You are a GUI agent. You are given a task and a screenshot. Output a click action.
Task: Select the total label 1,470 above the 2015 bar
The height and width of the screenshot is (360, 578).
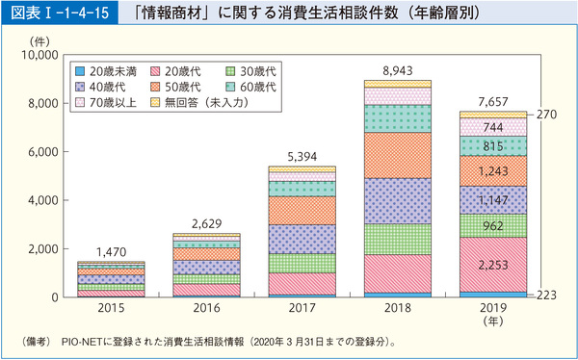click(x=110, y=251)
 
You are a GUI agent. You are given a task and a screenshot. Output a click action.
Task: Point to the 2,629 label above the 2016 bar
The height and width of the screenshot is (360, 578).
click(x=206, y=223)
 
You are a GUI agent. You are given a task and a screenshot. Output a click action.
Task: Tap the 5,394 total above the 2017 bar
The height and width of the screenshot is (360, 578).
click(x=302, y=156)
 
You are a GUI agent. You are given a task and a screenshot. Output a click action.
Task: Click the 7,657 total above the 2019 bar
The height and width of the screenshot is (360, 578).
click(x=492, y=102)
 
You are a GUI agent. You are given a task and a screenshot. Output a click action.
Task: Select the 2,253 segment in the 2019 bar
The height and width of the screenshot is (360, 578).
click(x=492, y=265)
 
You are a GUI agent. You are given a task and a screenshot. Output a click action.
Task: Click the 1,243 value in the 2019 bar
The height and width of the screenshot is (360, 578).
click(x=492, y=170)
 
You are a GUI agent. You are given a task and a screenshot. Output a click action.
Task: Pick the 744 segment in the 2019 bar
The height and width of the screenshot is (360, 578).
click(x=492, y=126)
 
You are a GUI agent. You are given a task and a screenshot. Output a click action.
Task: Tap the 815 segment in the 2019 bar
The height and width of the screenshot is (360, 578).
click(x=492, y=145)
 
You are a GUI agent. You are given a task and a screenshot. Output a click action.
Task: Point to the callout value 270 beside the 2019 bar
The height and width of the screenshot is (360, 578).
click(x=546, y=114)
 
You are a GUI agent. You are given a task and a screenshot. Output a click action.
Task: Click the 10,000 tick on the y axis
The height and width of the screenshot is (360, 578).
click(x=39, y=56)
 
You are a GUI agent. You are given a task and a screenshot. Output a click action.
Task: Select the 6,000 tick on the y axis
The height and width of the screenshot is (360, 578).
click(x=42, y=152)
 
